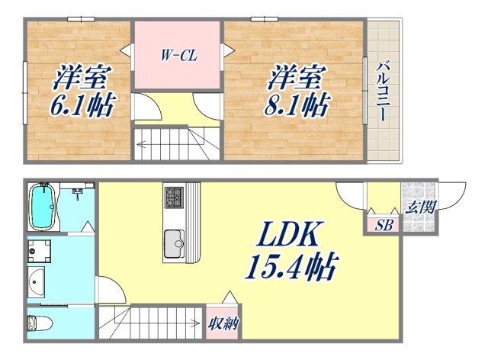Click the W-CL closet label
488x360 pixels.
[x=178, y=55]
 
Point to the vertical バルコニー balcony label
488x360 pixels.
[x=382, y=92]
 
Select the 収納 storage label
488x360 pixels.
[x=224, y=323]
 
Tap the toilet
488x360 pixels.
[x=38, y=323]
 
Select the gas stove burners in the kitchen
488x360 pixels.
[x=173, y=198]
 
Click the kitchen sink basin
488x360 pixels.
[x=174, y=245]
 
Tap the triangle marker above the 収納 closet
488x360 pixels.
[x=225, y=297]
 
